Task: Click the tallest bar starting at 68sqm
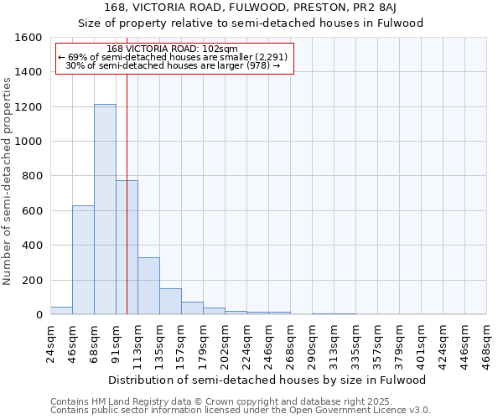(x=105, y=209)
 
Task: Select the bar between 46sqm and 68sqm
(x=83, y=260)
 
